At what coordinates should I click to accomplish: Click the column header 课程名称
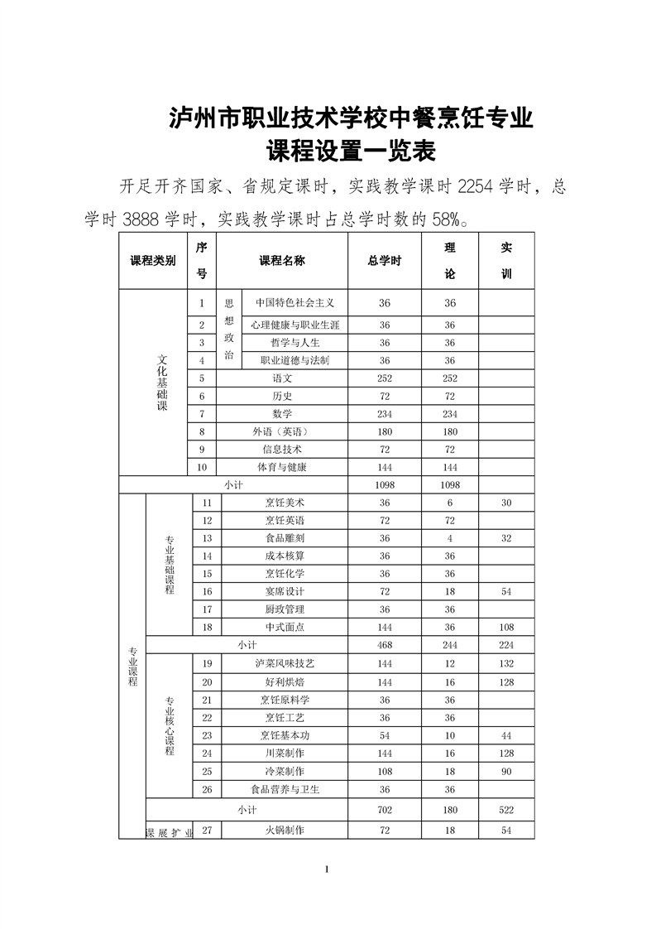(x=282, y=260)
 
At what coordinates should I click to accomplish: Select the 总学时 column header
(x=385, y=260)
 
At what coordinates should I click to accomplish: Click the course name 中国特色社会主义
(x=294, y=303)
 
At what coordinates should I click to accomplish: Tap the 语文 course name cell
(x=282, y=378)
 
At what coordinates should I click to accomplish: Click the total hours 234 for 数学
(x=385, y=414)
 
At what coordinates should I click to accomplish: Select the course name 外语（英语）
(x=282, y=432)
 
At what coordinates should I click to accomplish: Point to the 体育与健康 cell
(x=282, y=468)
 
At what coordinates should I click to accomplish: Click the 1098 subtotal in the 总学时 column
(x=385, y=485)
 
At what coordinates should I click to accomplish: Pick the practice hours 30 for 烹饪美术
(x=506, y=503)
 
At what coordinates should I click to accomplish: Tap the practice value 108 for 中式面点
(x=506, y=628)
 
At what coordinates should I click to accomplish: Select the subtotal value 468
(x=385, y=645)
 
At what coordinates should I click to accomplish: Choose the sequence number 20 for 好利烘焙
(x=207, y=682)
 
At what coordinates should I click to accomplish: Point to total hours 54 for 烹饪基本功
(x=385, y=736)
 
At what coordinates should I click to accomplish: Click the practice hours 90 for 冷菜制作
(x=506, y=772)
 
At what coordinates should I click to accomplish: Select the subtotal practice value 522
(x=506, y=810)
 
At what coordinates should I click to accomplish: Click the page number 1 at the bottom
(x=328, y=869)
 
